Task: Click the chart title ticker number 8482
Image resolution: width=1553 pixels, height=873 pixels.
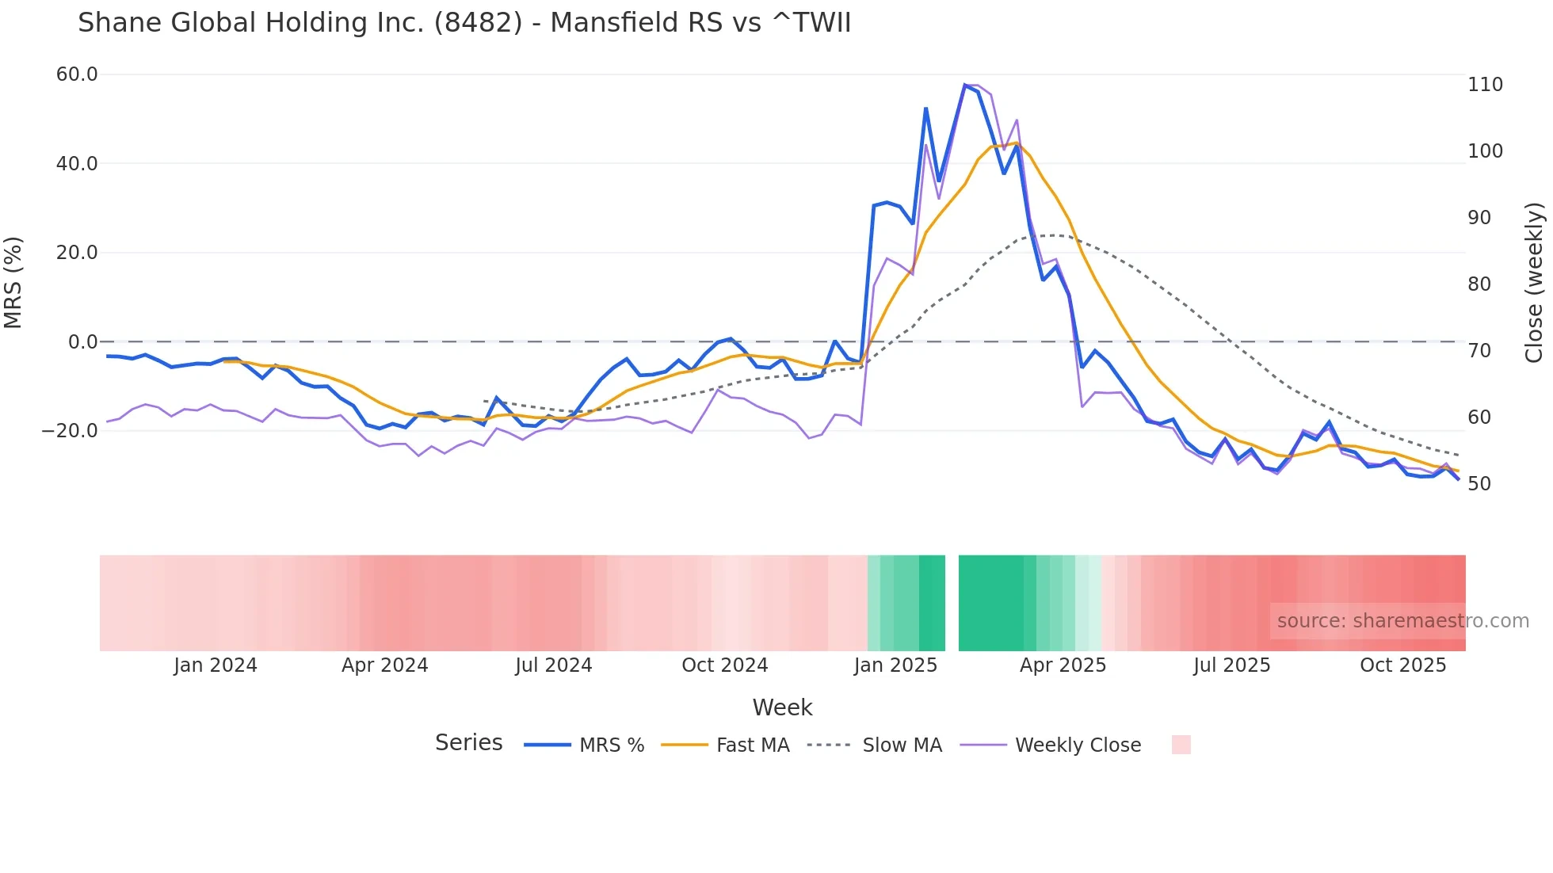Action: (x=478, y=23)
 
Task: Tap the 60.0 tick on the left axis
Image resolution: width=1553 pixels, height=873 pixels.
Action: (x=77, y=74)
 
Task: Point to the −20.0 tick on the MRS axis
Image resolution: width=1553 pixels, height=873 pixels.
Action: (x=70, y=431)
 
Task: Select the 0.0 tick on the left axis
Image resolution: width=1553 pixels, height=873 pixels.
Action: (x=83, y=342)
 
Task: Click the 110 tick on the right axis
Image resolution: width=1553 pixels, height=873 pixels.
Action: (x=1485, y=85)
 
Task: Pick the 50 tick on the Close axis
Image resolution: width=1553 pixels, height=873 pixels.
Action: (x=1479, y=484)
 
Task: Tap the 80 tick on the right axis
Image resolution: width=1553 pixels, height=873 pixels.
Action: (x=1479, y=284)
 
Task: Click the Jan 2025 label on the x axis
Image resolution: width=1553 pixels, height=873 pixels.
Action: (x=895, y=665)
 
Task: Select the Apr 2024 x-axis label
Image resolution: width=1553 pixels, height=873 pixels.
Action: (x=384, y=665)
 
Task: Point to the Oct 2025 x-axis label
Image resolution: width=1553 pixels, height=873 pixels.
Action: (x=1402, y=665)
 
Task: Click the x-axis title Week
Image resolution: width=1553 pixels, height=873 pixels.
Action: (x=782, y=707)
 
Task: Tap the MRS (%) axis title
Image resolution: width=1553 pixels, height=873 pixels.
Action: (x=13, y=282)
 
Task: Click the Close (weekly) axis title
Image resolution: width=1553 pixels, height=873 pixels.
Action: (x=1535, y=282)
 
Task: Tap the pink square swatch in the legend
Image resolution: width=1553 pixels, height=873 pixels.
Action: (x=1181, y=745)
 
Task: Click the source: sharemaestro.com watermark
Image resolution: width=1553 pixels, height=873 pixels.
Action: (x=1402, y=621)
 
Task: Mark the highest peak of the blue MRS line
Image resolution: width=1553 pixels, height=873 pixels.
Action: (x=965, y=85)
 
